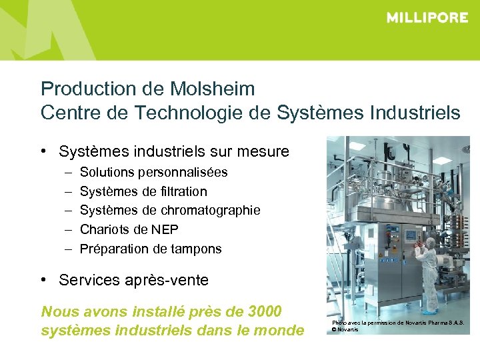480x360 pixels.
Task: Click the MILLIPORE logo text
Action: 427,18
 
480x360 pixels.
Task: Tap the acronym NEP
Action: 167,230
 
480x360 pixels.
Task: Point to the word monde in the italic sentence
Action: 278,331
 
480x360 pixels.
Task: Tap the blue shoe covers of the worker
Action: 431,311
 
